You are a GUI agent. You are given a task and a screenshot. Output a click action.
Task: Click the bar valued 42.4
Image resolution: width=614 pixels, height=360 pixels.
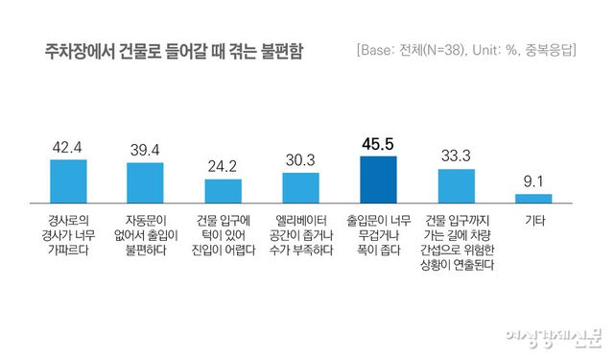[x=68, y=180]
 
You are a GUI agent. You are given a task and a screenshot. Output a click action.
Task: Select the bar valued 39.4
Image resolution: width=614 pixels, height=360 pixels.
[x=146, y=182]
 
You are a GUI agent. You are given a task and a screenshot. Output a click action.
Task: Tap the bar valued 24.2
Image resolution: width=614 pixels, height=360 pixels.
[x=224, y=190]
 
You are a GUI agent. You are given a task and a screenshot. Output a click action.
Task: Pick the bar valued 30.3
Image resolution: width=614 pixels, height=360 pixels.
[x=300, y=187]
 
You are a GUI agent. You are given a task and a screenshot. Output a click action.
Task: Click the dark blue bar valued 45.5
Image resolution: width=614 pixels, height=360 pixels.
[x=378, y=179]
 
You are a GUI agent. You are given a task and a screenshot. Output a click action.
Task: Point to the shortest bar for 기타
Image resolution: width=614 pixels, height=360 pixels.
[x=533, y=198]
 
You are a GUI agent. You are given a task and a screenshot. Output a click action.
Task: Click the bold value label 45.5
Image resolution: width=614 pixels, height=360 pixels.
[x=378, y=144]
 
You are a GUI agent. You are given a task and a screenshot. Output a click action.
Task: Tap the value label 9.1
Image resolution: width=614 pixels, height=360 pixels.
[x=533, y=182]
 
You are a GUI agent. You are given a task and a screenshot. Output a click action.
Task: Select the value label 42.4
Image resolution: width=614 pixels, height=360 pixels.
[x=68, y=148]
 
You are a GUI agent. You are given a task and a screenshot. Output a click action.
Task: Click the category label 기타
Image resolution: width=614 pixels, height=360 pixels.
[x=533, y=220]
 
